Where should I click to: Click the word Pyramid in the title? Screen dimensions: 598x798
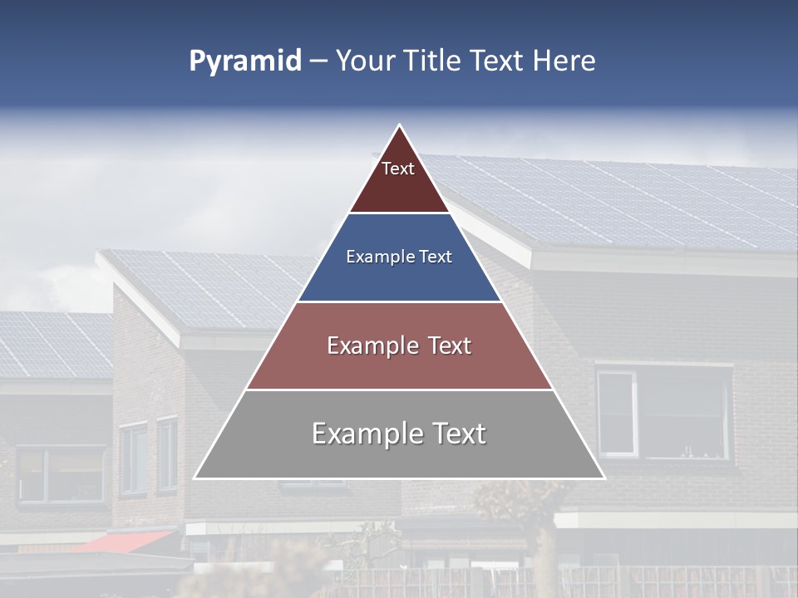pyautogui.click(x=245, y=61)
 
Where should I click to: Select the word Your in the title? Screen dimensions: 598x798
pyautogui.click(x=366, y=61)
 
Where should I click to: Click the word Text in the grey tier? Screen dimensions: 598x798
pyautogui.click(x=452, y=434)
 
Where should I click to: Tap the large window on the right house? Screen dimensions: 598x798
pyautogui.click(x=665, y=412)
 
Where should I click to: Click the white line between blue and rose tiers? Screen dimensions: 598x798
pyautogui.click(x=399, y=301)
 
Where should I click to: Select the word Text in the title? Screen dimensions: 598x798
pyautogui.click(x=497, y=61)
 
